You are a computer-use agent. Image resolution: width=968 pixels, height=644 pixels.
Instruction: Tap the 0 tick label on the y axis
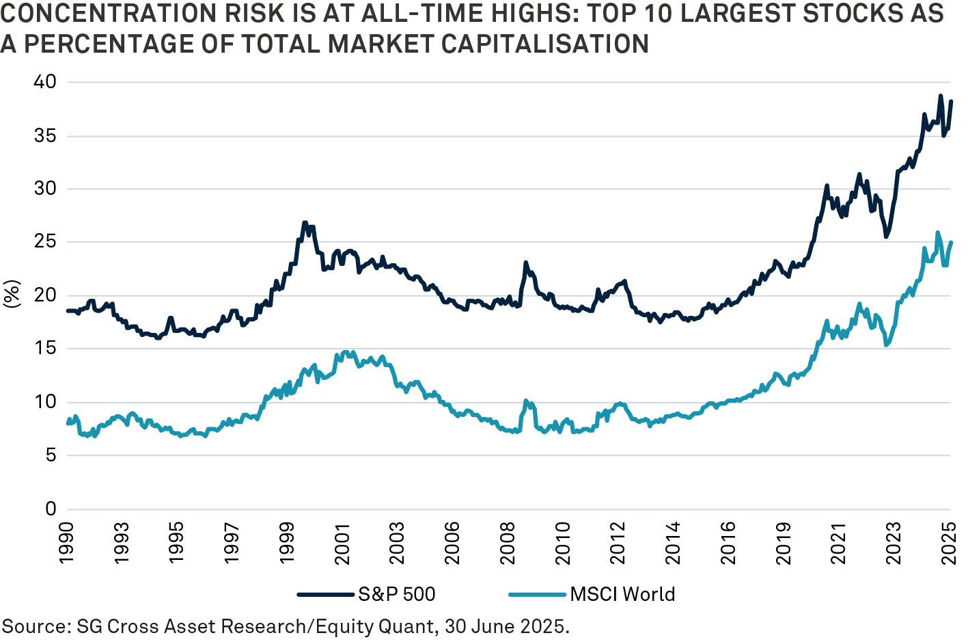pos(50,509)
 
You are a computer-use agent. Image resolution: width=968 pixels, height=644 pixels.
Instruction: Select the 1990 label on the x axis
pos(66,543)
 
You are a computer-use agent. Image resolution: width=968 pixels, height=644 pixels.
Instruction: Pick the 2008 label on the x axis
pos(508,543)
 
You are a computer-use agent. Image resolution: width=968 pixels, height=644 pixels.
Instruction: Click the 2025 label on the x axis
pos(949,543)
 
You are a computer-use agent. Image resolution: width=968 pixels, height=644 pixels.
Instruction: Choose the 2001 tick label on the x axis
pos(342,543)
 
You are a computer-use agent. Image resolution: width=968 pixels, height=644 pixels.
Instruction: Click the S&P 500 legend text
pos(397,594)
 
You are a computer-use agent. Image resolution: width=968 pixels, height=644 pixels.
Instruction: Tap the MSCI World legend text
pos(622,594)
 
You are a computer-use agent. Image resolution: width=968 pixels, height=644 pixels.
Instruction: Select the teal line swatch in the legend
pos(538,594)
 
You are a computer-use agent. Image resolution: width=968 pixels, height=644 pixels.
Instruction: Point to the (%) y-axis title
pos(12,295)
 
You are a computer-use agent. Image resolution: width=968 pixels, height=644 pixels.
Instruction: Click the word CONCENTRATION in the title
pos(89,14)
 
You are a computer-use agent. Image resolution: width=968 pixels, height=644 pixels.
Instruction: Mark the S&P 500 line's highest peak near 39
pos(941,96)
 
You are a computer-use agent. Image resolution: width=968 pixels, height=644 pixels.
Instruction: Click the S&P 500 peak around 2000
pos(304,222)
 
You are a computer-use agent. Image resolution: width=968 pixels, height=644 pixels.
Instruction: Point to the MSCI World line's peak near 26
pos(937,232)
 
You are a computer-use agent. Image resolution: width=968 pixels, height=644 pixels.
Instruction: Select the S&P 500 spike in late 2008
pos(525,263)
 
